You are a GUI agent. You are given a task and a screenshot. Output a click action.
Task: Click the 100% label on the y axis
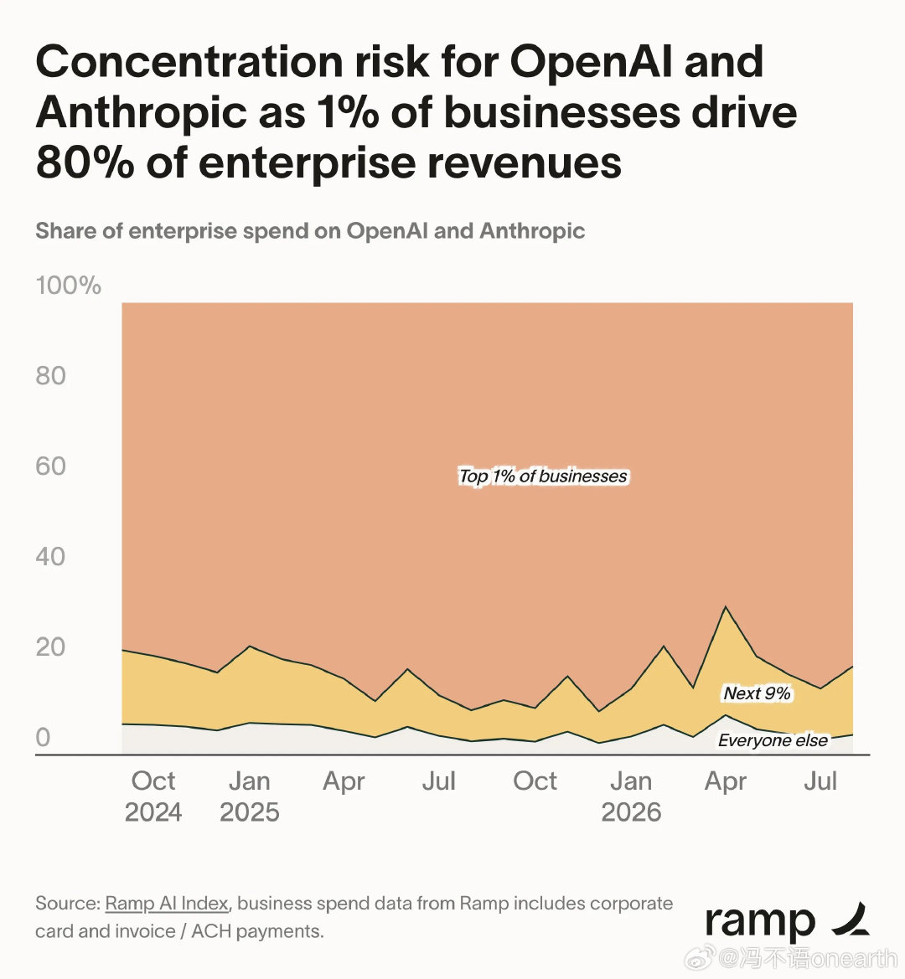pos(68,286)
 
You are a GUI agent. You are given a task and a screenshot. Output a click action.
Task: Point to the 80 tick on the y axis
pos(50,376)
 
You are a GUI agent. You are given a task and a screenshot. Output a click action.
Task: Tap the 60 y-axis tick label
pos(50,466)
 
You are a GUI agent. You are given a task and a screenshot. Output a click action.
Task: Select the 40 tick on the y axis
pos(50,556)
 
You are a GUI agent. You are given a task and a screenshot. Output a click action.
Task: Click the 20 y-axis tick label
pos(50,647)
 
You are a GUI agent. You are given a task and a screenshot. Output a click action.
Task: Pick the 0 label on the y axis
pos(43,737)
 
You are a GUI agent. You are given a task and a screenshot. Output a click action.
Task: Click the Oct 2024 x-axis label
pos(153,796)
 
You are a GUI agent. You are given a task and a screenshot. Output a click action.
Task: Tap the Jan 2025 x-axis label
pos(249,796)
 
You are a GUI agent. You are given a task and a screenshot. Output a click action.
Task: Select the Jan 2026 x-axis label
pos(631,796)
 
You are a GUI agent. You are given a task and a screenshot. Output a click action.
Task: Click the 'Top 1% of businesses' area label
pos(543,477)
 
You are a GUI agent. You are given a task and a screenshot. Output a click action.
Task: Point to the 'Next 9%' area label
pos(757,693)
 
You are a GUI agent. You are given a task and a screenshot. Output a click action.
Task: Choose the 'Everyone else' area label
pos(773,740)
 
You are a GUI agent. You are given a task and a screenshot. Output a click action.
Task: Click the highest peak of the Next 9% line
pos(725,606)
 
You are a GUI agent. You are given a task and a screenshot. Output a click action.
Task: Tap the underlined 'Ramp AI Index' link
pos(166,904)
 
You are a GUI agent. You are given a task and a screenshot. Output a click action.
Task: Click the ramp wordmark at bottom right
pos(760,923)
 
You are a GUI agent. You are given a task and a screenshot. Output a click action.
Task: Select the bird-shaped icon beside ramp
pos(851,919)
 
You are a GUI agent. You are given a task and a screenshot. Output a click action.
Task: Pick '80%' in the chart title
pos(85,163)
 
